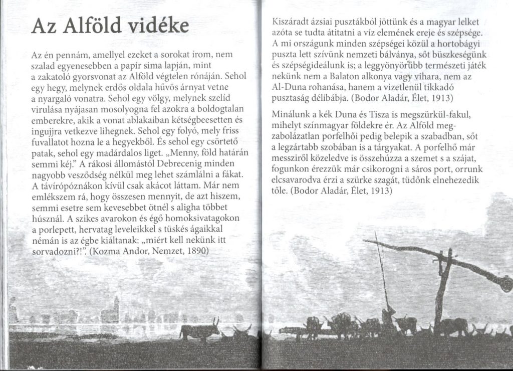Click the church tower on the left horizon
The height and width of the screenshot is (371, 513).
(x=116, y=306)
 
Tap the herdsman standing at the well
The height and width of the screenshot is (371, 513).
(x=388, y=317)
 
